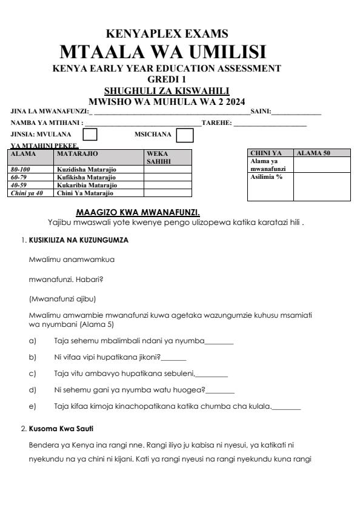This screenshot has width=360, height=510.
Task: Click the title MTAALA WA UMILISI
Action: click(x=180, y=50)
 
